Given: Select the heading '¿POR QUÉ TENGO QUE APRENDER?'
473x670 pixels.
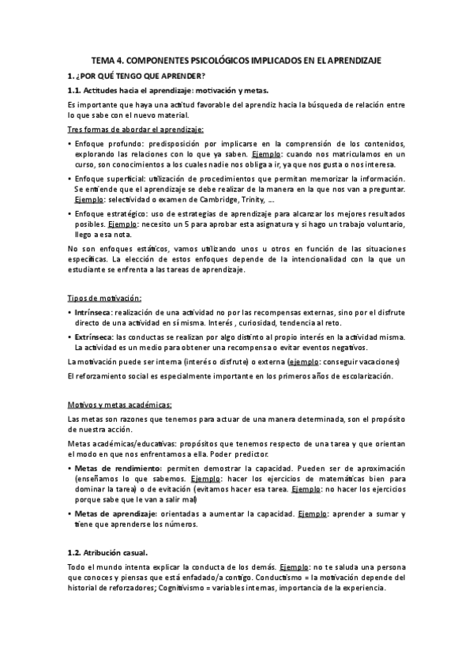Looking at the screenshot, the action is [x=141, y=76].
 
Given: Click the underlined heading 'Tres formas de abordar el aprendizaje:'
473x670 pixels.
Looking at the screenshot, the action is [x=136, y=130].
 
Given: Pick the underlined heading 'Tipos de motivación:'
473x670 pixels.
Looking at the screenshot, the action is [x=104, y=298].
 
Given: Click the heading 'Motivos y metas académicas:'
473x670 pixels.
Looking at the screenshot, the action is [x=119, y=405].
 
